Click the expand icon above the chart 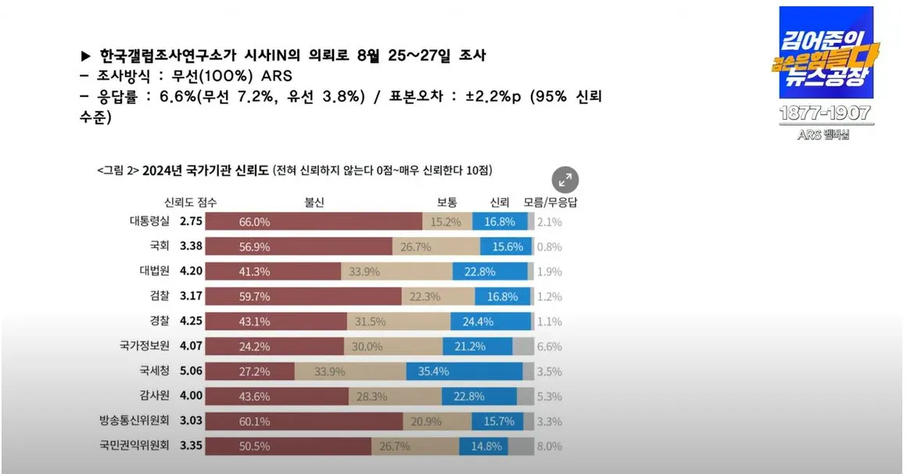(565, 179)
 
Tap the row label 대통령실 (149, 221)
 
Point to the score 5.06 (191, 372)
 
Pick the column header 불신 (315, 202)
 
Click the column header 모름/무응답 (550, 202)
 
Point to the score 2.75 (191, 221)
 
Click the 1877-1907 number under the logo (825, 113)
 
